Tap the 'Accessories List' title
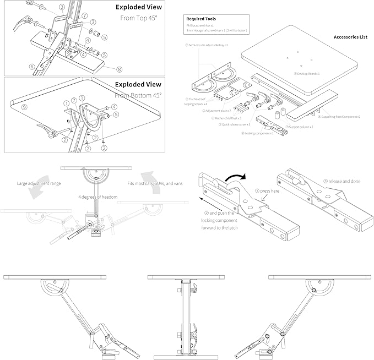coord(350,37)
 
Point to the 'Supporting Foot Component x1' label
coord(340,117)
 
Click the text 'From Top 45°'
coord(141,18)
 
